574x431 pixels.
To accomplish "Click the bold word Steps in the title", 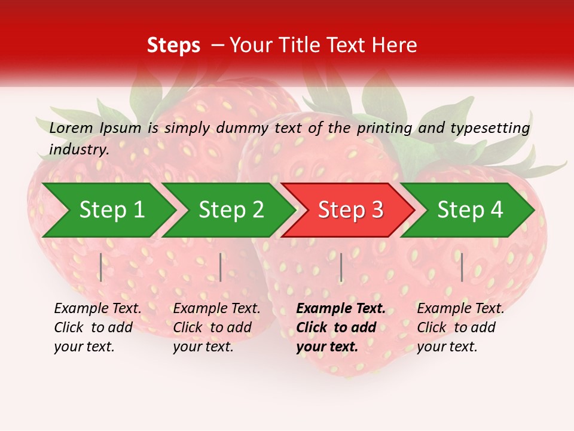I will [173, 45].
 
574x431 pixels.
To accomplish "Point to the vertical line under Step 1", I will [101, 267].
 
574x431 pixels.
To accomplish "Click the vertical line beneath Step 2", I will [221, 267].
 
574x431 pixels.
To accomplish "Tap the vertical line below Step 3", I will [341, 267].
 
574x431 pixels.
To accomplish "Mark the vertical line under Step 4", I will [462, 267].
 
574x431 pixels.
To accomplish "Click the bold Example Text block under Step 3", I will [341, 327].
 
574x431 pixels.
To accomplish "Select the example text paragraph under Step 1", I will [97, 327].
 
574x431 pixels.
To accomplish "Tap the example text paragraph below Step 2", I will [216, 327].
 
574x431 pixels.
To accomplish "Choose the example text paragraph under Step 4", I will [460, 327].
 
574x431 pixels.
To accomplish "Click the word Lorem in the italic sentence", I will [71, 128].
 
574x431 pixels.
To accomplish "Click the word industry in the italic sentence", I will [78, 149].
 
